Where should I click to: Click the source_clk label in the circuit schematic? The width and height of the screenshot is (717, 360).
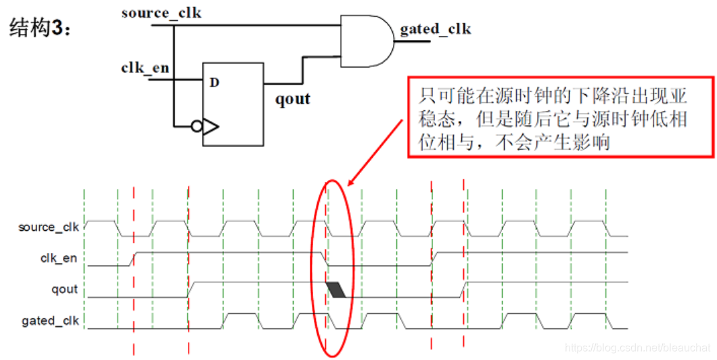[162, 12]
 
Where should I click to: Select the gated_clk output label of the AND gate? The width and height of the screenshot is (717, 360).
[435, 29]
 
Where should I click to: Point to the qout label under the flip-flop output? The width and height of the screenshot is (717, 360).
[292, 99]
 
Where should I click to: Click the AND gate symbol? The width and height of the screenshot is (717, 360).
[365, 41]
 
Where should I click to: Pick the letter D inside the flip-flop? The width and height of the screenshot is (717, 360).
[214, 83]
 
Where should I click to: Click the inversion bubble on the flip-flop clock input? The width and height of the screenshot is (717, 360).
[197, 126]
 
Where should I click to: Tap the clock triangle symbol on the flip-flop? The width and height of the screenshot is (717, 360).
[210, 126]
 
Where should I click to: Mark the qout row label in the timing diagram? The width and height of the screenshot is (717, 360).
[66, 290]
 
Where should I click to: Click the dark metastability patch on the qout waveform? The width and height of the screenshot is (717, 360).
[336, 290]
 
